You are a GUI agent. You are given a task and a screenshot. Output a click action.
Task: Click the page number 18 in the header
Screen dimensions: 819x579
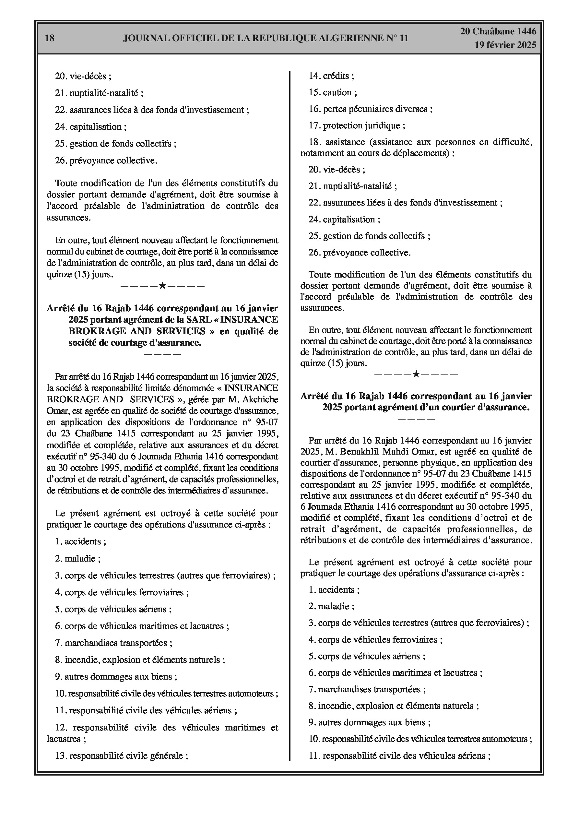tap(50, 38)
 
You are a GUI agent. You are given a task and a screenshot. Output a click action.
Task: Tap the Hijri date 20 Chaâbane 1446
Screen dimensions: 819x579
tap(498, 31)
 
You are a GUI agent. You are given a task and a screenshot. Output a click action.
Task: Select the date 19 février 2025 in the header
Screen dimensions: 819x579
tap(505, 45)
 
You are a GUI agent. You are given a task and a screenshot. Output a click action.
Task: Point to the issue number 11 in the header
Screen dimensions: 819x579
tap(404, 38)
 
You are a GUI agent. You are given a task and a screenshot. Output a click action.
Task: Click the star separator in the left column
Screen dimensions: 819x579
tap(162, 285)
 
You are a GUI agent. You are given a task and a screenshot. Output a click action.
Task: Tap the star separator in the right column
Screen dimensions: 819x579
tap(416, 374)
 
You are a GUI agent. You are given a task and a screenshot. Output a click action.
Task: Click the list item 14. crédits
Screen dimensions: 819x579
tap(331, 76)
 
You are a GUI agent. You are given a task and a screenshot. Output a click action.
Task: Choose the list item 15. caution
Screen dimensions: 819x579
tap(333, 92)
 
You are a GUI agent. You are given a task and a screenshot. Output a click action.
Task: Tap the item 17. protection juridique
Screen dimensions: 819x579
tap(357, 125)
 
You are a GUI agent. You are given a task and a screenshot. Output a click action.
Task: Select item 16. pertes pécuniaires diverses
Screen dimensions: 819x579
tap(370, 109)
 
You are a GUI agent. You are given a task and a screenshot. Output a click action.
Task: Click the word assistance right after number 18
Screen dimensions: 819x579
tap(345, 142)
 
